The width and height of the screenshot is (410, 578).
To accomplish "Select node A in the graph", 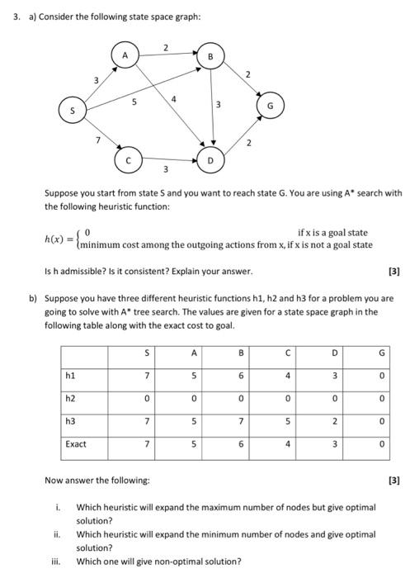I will [x=126, y=55].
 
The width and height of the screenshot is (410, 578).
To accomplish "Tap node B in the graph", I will [x=211, y=57].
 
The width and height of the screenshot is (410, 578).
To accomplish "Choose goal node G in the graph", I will [x=270, y=107].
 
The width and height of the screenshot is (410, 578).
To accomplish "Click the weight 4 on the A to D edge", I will [x=174, y=98].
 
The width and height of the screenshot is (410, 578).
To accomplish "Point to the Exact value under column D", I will [x=334, y=444].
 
